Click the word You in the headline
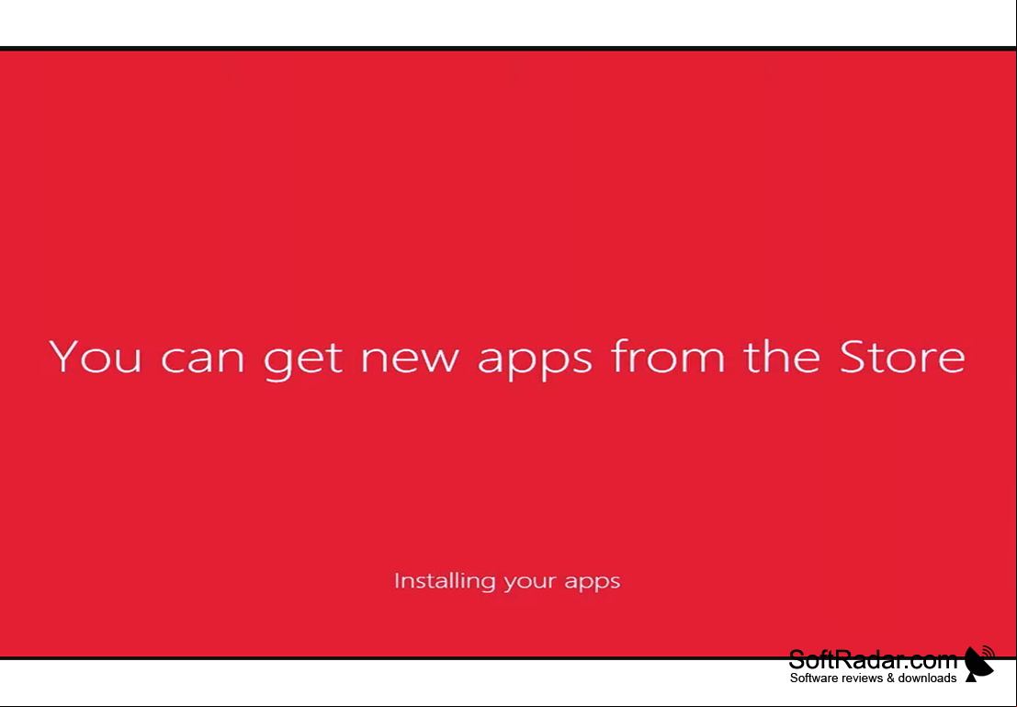(96, 357)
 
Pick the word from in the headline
(667, 356)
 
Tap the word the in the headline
(782, 356)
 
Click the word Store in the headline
(902, 357)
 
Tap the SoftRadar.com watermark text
(873, 660)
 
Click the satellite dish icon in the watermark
(979, 664)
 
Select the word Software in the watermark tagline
(813, 678)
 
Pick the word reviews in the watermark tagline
(862, 678)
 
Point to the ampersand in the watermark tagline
(890, 678)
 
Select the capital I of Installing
(396, 580)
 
